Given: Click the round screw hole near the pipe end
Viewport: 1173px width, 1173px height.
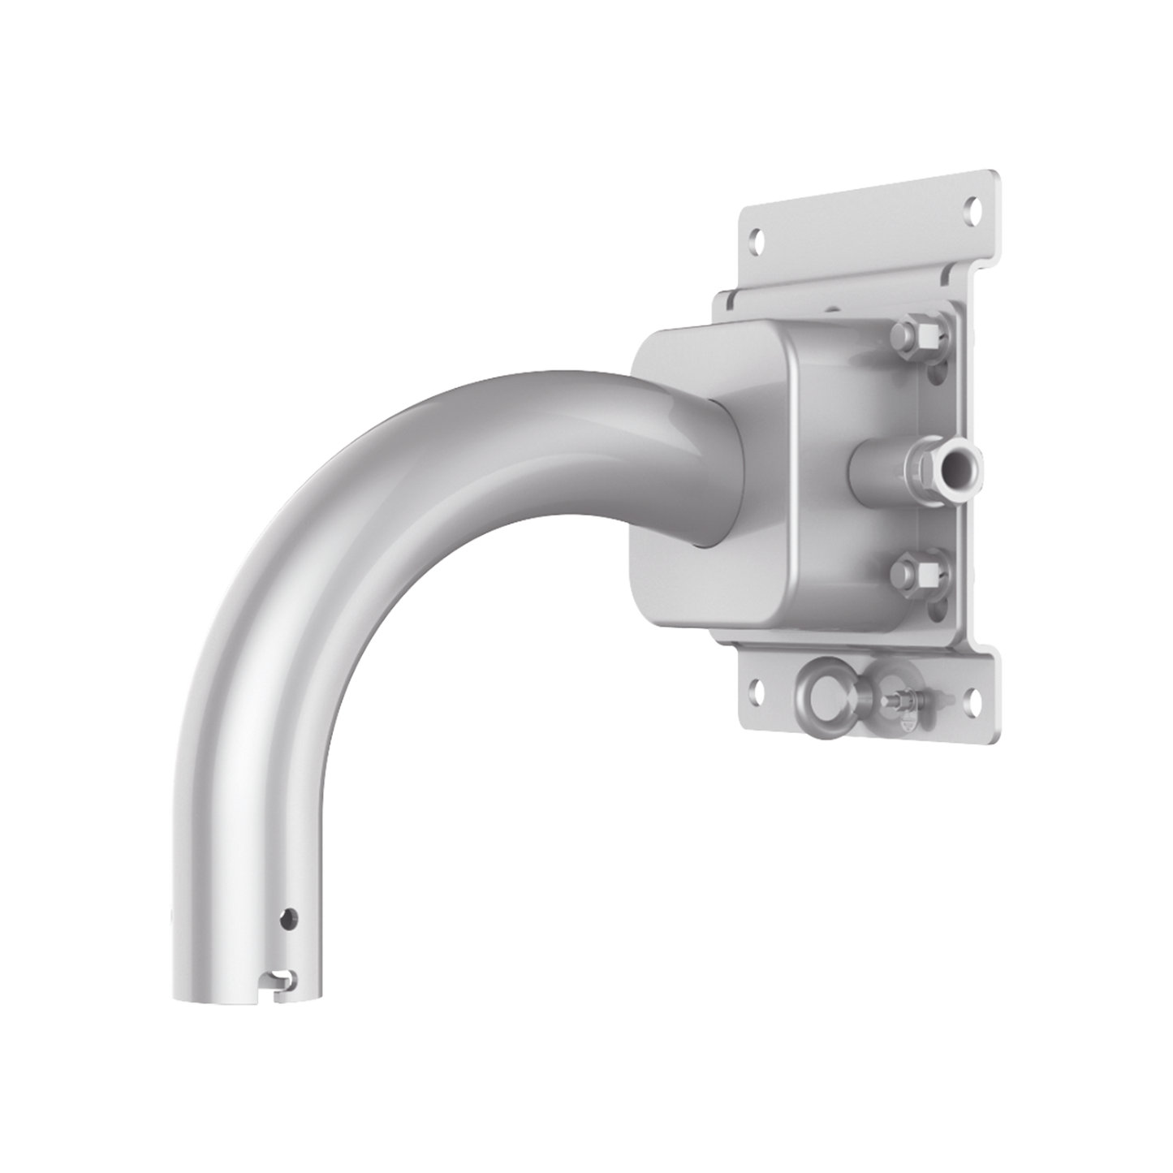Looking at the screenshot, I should pos(287,919).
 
